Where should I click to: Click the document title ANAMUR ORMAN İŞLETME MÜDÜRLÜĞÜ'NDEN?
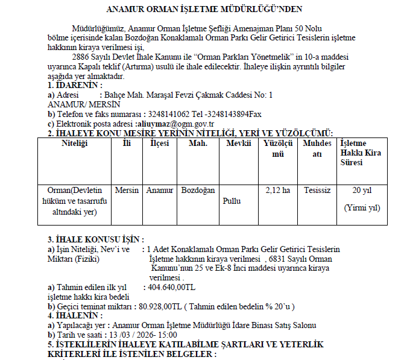point(204,10)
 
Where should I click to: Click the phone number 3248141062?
point(169,114)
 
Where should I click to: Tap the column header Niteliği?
point(75,144)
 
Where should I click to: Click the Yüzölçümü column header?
point(278,148)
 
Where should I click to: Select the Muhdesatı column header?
point(317,148)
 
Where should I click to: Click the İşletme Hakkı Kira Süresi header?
point(361,153)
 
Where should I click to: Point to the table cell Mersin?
point(127,190)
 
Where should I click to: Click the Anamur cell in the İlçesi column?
point(159,190)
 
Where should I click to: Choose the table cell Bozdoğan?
point(198,190)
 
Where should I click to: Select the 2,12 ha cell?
point(278,190)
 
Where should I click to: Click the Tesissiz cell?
point(317,190)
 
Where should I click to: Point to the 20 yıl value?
point(362,190)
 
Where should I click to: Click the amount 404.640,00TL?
point(171,288)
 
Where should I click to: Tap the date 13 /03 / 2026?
point(131,335)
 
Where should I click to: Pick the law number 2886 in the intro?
point(81,56)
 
